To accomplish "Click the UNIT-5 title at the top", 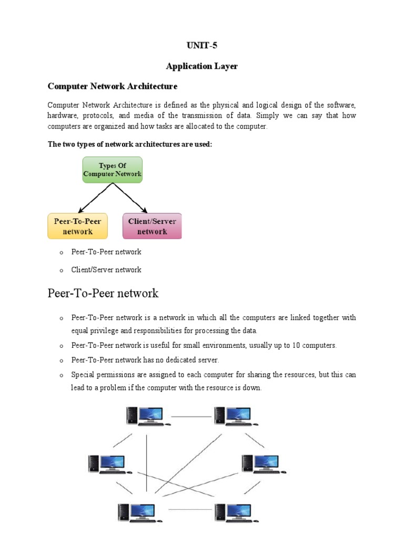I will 202,46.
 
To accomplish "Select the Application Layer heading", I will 202,66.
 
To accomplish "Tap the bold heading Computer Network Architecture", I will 113,86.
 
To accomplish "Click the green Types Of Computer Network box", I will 112,170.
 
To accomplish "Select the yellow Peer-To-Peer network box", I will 77,226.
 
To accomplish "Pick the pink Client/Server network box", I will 152,226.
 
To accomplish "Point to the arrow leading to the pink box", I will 132,198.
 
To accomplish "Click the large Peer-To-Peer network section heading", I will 103,293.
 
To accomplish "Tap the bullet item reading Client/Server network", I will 106,270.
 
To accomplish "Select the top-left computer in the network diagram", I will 147,415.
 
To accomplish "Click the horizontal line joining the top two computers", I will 191,417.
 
